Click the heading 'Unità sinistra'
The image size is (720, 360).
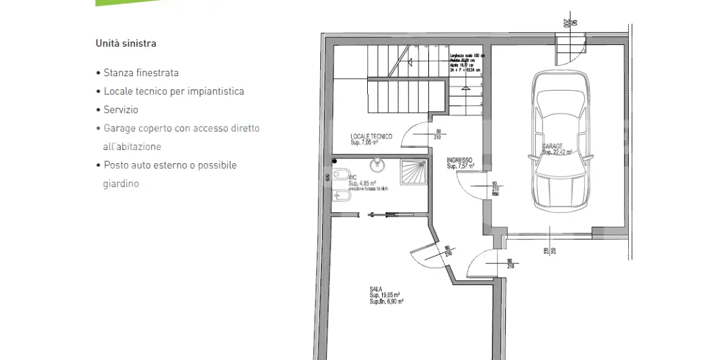126,43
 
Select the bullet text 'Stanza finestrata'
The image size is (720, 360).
141,73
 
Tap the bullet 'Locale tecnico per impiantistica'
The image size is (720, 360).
173,91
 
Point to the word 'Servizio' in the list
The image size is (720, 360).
121,110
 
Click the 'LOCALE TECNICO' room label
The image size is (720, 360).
371,137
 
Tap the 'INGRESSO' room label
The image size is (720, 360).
460,160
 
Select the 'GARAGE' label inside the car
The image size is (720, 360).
553,146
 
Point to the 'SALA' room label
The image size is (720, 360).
376,289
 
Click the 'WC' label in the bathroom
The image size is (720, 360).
353,178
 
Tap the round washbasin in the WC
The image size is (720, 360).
377,164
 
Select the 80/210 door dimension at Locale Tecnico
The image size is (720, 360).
438,134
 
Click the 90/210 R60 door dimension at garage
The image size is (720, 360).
495,190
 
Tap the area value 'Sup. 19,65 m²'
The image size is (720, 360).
385,295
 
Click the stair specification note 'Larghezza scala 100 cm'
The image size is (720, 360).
467,56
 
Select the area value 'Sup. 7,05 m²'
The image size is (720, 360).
364,143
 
